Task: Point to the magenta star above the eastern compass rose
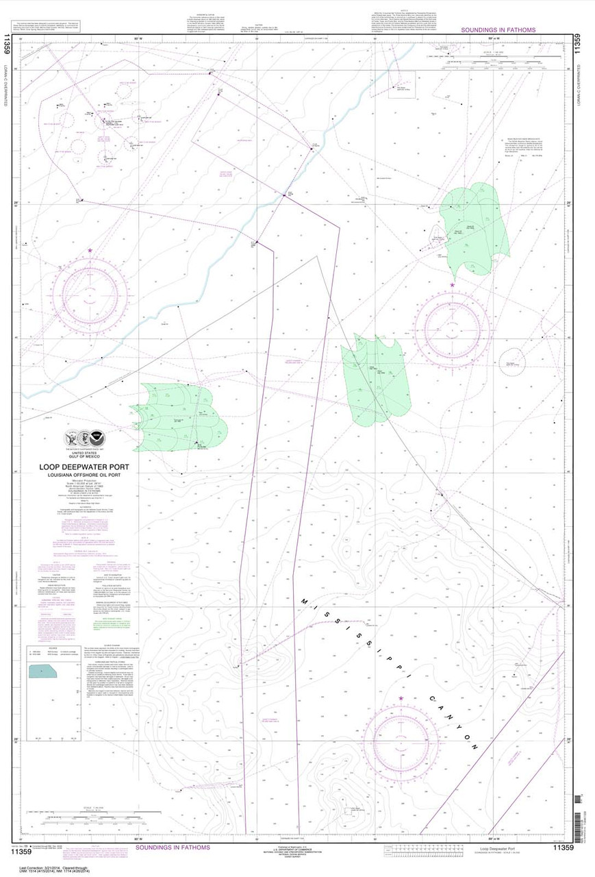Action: click(452, 285)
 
